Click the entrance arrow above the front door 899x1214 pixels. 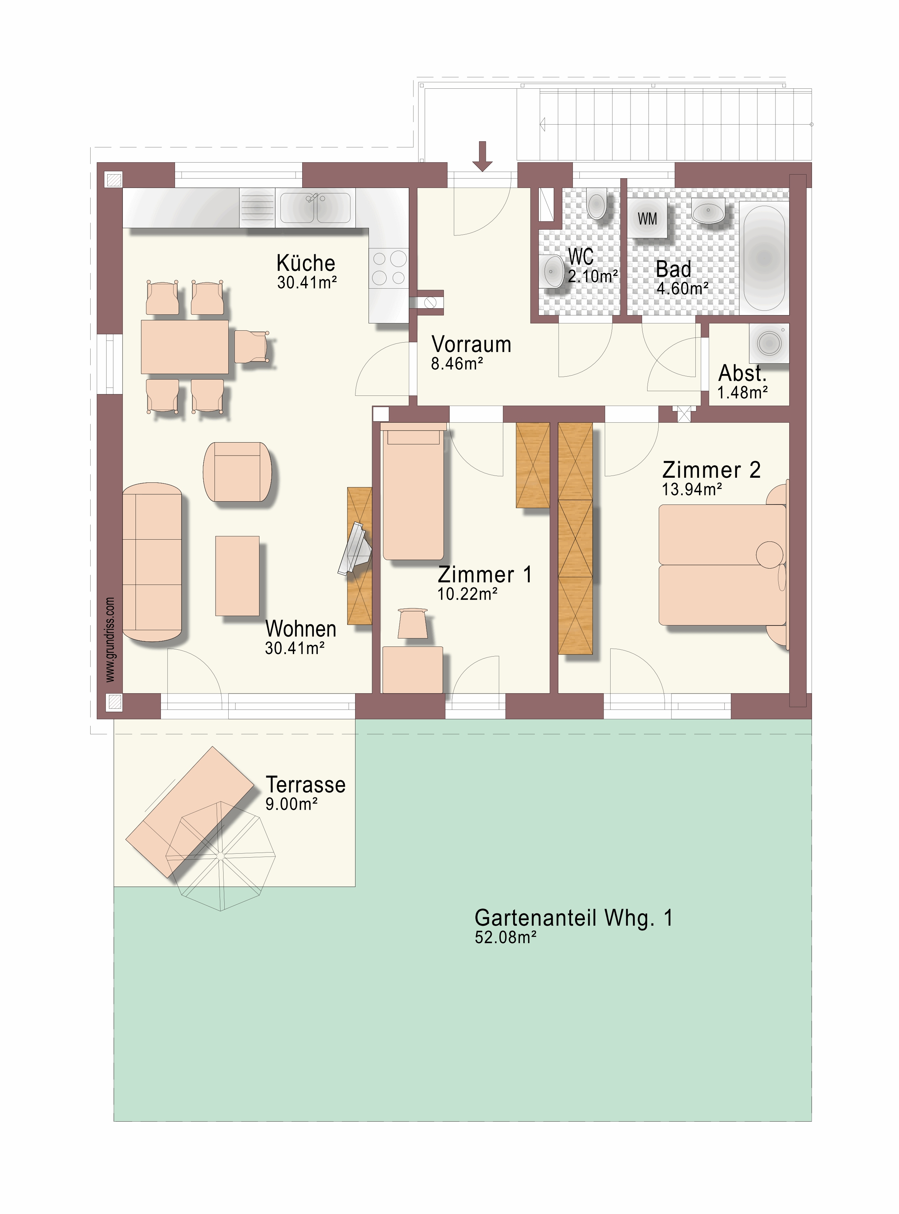tap(482, 156)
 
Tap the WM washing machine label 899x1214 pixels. tap(647, 219)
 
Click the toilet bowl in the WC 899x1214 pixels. tap(597, 204)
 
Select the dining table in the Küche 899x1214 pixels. tap(184, 347)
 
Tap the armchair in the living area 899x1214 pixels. tap(237, 472)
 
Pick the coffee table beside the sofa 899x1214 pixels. tap(237, 575)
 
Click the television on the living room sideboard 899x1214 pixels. tap(355, 548)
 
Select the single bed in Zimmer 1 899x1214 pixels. tap(413, 492)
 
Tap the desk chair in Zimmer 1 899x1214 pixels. tap(412, 623)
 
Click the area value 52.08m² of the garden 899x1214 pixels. tap(505, 937)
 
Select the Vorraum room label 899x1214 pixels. tap(471, 344)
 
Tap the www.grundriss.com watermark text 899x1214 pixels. tap(110, 640)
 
